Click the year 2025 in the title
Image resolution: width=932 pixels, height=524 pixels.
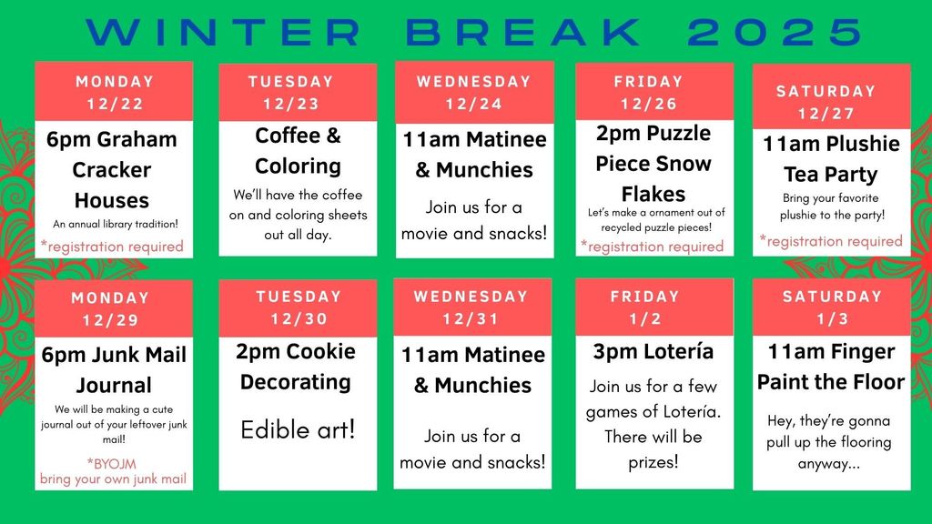(x=775, y=32)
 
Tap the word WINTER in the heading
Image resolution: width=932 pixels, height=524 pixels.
(x=224, y=32)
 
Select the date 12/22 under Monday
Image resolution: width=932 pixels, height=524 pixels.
(x=116, y=104)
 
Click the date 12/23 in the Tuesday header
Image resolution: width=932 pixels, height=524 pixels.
(x=291, y=104)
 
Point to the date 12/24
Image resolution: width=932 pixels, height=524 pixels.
(x=474, y=104)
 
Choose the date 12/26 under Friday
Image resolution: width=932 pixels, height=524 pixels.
(x=649, y=104)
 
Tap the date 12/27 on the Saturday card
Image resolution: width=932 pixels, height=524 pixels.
(x=826, y=114)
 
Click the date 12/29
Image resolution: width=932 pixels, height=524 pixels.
(x=110, y=320)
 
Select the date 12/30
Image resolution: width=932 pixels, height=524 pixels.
(x=299, y=318)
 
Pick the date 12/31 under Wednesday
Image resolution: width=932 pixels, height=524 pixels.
(x=471, y=318)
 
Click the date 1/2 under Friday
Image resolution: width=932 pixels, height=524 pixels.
(x=645, y=318)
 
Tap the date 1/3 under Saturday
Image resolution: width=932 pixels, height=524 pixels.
(x=832, y=318)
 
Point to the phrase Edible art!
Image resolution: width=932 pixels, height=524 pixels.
(x=298, y=429)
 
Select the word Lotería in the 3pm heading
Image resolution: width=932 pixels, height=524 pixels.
(x=683, y=351)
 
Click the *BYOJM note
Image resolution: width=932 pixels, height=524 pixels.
(x=112, y=463)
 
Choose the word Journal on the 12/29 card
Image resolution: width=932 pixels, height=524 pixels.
(x=114, y=386)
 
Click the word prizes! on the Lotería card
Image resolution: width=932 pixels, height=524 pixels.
(x=653, y=461)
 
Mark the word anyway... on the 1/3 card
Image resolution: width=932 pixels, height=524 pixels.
(x=828, y=463)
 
